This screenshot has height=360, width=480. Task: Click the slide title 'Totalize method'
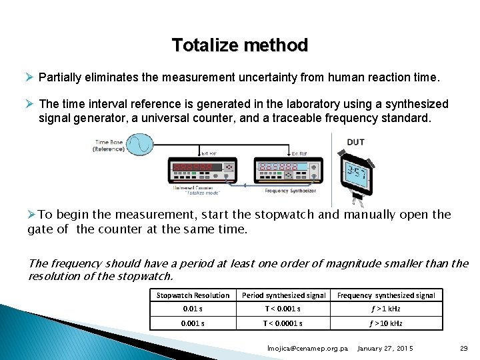pos(240,45)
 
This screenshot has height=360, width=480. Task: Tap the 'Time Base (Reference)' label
pos(109,145)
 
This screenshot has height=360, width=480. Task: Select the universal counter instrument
pos(202,170)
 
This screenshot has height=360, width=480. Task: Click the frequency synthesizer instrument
pos(287,170)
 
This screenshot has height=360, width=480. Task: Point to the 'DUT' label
pos(355,142)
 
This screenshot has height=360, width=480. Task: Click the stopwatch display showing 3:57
pos(354,175)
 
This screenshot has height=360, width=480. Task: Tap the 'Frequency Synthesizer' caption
pos(290,191)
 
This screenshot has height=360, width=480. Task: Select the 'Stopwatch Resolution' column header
pos(193,295)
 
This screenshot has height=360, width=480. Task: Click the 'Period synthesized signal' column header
pos(283,295)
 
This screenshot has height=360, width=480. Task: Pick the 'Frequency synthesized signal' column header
pos(386,295)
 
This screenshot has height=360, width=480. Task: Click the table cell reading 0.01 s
pos(193,309)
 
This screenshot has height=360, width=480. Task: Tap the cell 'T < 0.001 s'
pos(283,309)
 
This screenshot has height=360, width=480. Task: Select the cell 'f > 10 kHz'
pos(386,323)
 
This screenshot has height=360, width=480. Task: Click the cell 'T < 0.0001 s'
pos(283,323)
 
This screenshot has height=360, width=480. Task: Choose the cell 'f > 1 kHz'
pos(386,309)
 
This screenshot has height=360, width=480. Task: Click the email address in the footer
pos(307,349)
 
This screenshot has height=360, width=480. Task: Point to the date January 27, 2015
pos(385,349)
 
